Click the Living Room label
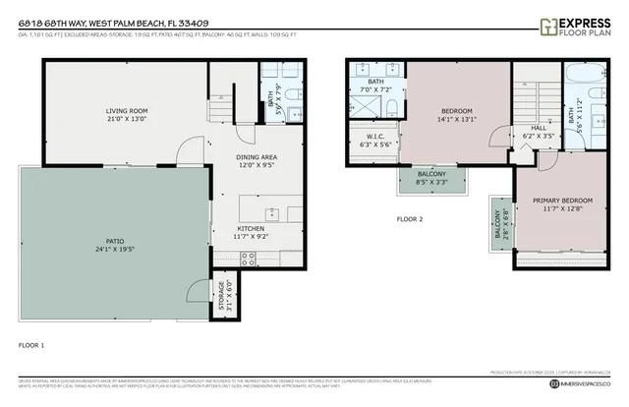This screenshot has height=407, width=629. pyautogui.click(x=126, y=110)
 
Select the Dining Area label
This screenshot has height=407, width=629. pyautogui.click(x=256, y=157)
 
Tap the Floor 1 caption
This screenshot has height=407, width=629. pyautogui.click(x=31, y=346)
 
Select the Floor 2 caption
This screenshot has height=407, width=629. pyautogui.click(x=409, y=218)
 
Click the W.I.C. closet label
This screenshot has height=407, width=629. pyautogui.click(x=375, y=137)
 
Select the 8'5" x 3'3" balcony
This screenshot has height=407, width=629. pyautogui.click(x=433, y=180)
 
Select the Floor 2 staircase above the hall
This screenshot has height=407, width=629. pyautogui.click(x=536, y=96)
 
